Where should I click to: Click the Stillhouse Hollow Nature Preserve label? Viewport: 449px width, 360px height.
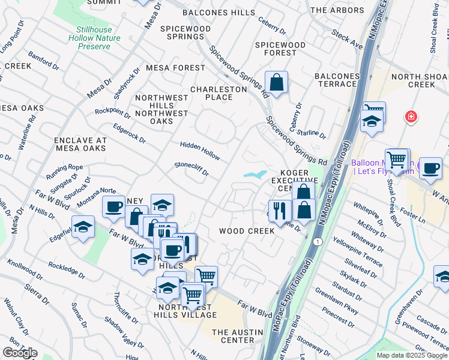tap(98, 37)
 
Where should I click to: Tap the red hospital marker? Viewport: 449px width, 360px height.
tap(411, 116)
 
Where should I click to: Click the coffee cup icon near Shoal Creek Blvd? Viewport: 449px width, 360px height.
tap(430, 168)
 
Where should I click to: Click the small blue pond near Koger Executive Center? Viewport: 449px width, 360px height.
tap(255, 175)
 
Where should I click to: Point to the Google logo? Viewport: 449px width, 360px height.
tap(20, 353)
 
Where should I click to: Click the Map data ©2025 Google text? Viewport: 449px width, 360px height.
tap(412, 355)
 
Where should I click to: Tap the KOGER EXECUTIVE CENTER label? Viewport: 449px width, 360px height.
tap(294, 180)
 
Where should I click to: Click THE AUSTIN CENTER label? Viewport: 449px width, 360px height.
tap(234, 336)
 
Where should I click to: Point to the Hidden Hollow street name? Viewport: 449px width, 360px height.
tap(200, 149)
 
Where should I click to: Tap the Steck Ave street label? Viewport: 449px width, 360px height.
tap(348, 41)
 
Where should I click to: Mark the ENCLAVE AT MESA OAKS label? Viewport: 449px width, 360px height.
tap(80, 144)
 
